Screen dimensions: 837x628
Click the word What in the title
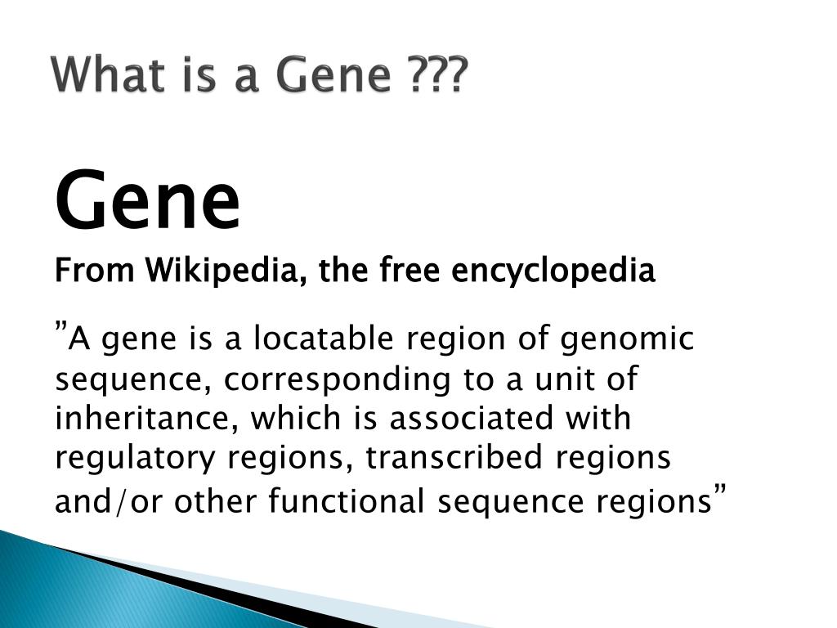coord(109,74)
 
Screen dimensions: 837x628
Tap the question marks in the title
coord(437,74)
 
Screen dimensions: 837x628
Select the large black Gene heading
coord(147,199)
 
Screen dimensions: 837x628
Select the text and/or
coord(108,502)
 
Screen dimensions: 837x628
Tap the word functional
coord(346,501)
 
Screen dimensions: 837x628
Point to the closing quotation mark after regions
coord(720,489)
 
